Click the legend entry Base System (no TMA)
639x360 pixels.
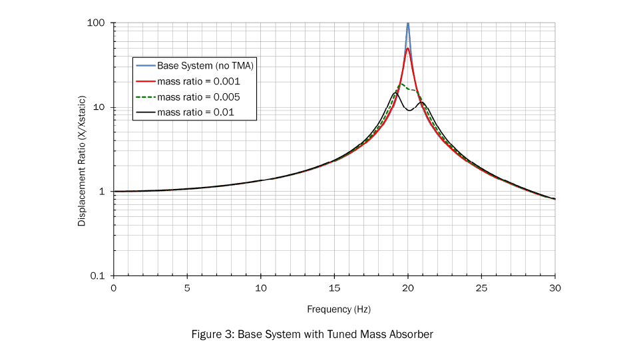[206, 66]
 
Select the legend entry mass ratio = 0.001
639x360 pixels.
[198, 82]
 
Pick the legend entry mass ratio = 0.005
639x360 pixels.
[198, 97]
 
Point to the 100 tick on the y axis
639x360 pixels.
[97, 23]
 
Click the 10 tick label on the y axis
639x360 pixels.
[100, 108]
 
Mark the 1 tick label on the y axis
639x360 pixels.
[103, 192]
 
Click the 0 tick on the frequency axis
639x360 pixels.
[114, 287]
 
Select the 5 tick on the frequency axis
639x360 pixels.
[187, 287]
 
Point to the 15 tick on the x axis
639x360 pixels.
[334, 287]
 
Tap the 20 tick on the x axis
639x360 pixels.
[408, 287]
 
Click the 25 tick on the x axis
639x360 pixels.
[481, 287]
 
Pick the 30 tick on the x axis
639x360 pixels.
[555, 287]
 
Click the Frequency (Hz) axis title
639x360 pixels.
[339, 309]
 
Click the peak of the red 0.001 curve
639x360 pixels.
[407, 49]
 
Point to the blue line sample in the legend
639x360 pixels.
[145, 66]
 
